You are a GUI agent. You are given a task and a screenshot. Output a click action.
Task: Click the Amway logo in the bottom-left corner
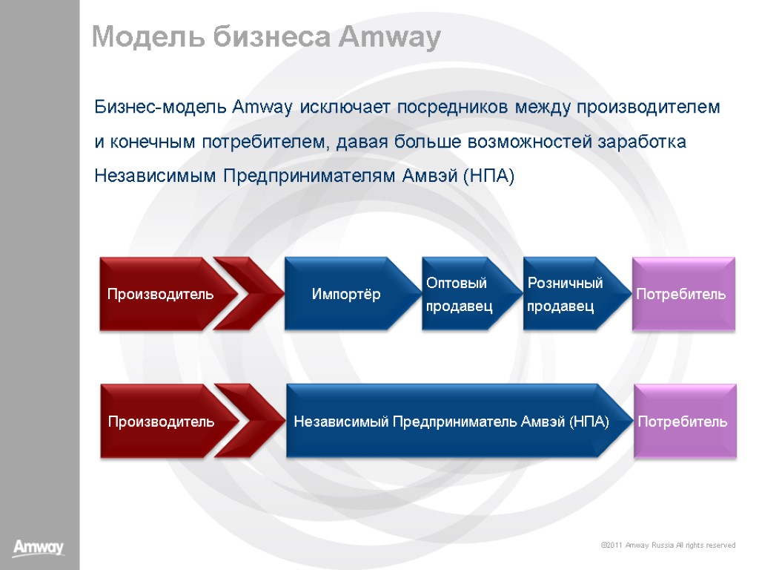(39, 548)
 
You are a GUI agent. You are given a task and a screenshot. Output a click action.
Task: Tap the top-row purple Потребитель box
(682, 294)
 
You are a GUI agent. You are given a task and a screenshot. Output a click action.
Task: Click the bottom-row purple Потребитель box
(683, 422)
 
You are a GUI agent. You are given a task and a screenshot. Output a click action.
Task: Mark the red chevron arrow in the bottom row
(251, 422)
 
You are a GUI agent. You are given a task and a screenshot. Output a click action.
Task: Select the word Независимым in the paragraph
(156, 177)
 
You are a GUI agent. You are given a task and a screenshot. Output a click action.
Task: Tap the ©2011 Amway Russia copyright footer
(668, 546)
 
